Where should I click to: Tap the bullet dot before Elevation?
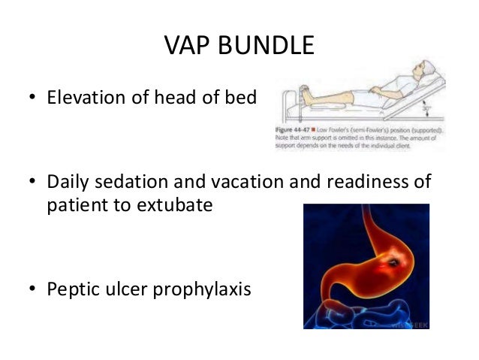click(x=33, y=97)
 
